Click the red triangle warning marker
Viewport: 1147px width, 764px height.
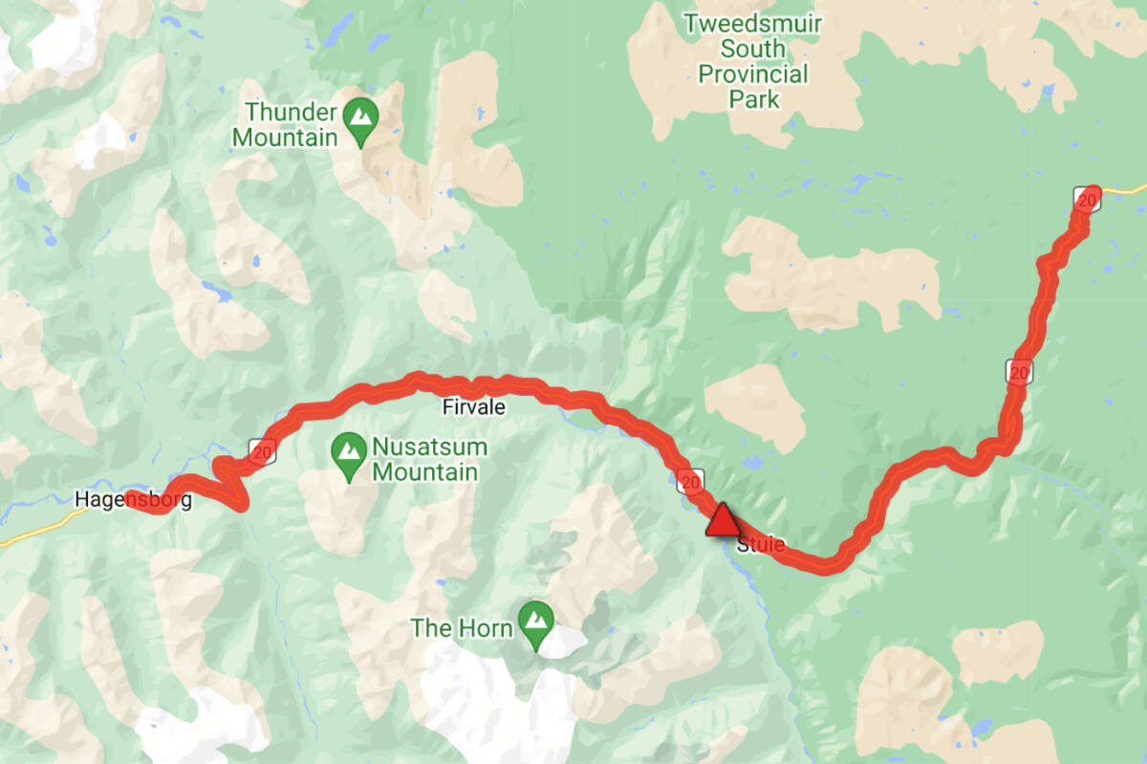[x=723, y=520]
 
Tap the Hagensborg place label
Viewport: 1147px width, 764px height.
[x=134, y=499]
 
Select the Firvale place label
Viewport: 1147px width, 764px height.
[x=473, y=407]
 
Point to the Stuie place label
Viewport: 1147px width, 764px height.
[x=762, y=546]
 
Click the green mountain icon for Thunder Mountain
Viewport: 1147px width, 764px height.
[x=360, y=118]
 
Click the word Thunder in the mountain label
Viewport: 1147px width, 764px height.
[x=285, y=111]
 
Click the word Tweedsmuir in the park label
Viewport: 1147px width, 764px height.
[x=753, y=23]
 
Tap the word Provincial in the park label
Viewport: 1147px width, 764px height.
[x=753, y=74]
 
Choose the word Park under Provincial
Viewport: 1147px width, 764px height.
[x=753, y=98]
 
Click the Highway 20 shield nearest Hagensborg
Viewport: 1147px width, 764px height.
[x=262, y=450]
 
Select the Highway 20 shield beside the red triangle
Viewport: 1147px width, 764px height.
[x=691, y=480]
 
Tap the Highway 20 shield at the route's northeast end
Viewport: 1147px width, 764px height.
[x=1087, y=199]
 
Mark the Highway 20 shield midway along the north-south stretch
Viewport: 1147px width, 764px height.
[x=1019, y=371]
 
